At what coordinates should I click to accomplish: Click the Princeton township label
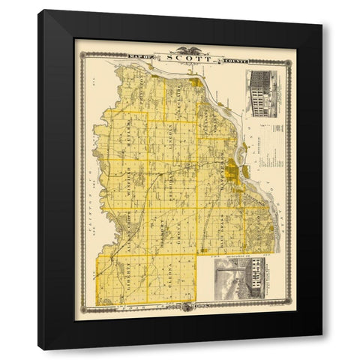142,96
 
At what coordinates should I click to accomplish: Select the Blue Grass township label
222,232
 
